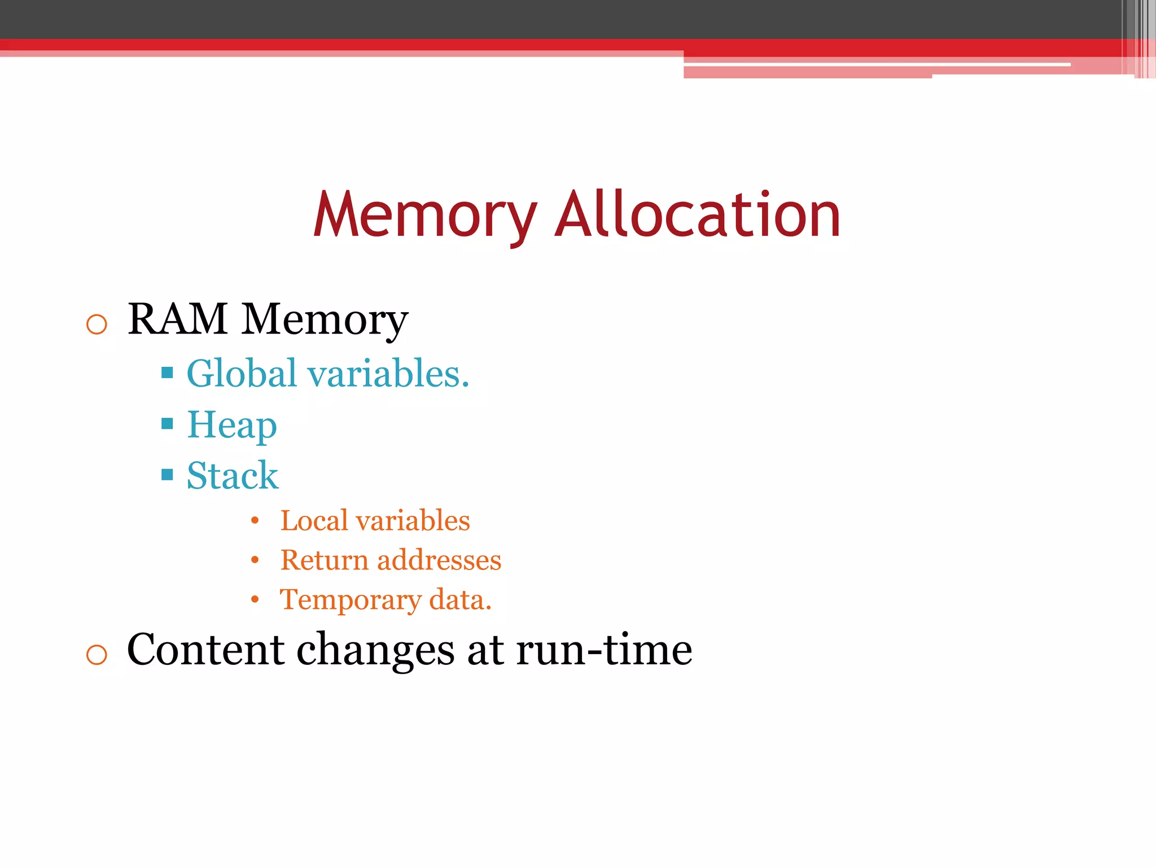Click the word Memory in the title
(x=424, y=216)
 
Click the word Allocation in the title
(x=698, y=216)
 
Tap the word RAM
(x=178, y=319)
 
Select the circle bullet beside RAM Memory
(x=97, y=325)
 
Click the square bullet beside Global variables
(x=167, y=373)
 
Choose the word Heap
(x=232, y=426)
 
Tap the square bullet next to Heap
(x=167, y=423)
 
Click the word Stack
(x=233, y=475)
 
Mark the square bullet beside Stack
(x=167, y=474)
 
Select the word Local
(x=314, y=520)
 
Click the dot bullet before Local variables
(x=255, y=520)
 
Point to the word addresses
(x=439, y=560)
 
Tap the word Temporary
(x=350, y=600)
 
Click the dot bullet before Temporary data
(x=255, y=599)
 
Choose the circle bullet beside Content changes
(x=97, y=655)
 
